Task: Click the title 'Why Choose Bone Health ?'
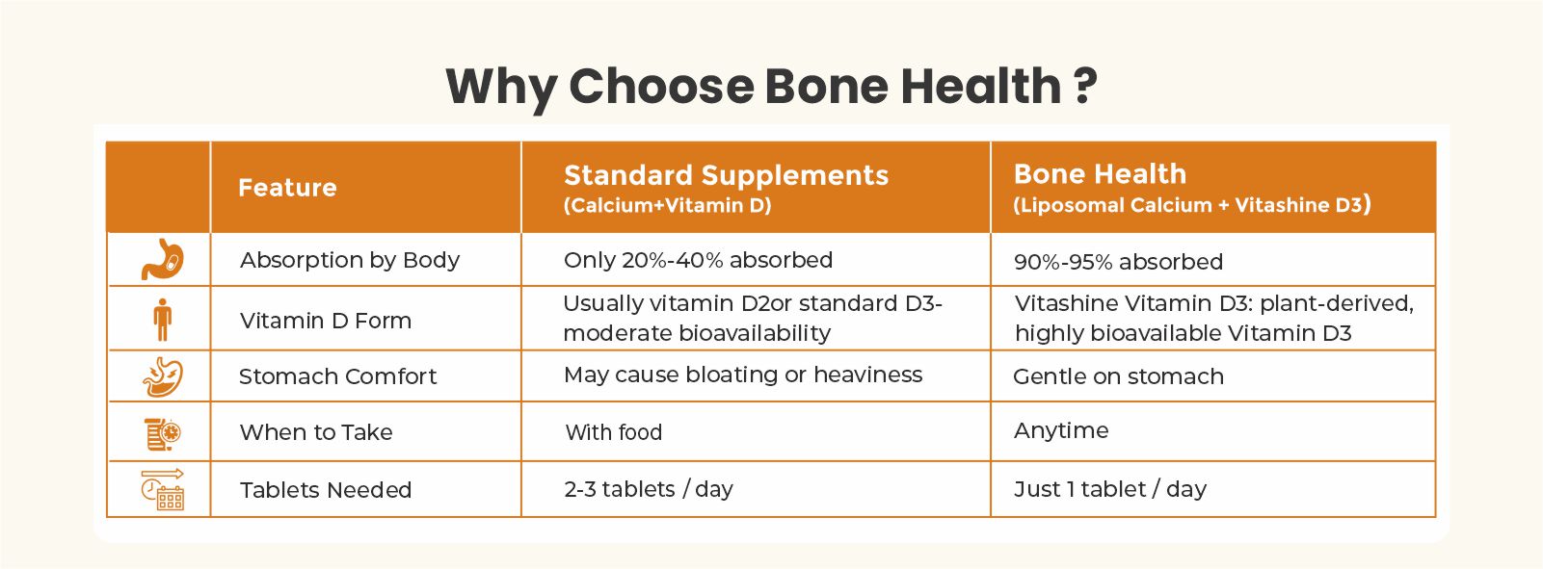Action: click(771, 87)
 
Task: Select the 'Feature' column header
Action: click(287, 188)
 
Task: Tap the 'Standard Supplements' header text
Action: click(726, 175)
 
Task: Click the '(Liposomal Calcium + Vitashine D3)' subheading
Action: click(1191, 205)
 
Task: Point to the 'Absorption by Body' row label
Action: click(349, 260)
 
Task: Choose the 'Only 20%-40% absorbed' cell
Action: click(698, 260)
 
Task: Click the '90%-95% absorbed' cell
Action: click(1118, 262)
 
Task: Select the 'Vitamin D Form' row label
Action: click(325, 321)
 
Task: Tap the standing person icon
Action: click(163, 320)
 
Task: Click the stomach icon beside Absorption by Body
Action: click(163, 259)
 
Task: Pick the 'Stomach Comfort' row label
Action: click(337, 376)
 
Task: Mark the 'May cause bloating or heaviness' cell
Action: click(742, 375)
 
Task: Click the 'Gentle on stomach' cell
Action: click(1118, 377)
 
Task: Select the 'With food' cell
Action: click(613, 432)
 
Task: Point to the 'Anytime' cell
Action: click(1061, 430)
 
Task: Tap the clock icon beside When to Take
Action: click(163, 433)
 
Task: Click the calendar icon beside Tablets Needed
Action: click(163, 489)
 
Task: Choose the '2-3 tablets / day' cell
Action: click(649, 489)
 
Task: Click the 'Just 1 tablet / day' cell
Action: click(1109, 489)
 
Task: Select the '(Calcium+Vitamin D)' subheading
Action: click(667, 206)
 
